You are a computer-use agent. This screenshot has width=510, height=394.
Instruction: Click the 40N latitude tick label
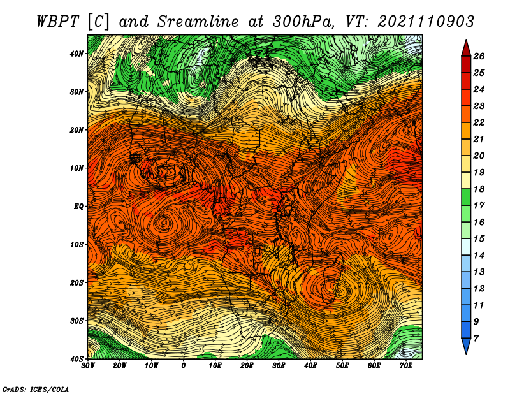tap(76, 54)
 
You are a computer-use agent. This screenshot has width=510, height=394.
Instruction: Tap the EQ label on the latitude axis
tap(78, 207)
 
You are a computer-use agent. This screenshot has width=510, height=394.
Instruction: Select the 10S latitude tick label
tap(76, 245)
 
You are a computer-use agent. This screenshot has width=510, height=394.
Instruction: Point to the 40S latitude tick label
tap(76, 359)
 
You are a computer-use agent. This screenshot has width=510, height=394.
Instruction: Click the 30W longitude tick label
tap(88, 366)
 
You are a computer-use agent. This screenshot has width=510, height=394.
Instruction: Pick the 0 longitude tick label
tap(184, 366)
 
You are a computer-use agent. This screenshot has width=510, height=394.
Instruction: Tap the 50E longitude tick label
tap(342, 366)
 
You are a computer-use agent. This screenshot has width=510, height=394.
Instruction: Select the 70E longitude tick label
tap(406, 366)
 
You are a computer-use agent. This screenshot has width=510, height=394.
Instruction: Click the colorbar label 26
tap(479, 56)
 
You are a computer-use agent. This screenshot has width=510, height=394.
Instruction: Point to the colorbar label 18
tap(479, 189)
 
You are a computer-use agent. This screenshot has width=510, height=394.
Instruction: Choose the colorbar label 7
tap(476, 339)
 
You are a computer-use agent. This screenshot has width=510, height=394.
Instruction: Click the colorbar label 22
tap(479, 122)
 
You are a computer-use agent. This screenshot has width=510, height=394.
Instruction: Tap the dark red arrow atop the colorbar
tap(466, 48)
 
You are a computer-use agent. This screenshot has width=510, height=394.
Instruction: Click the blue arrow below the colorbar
tap(466, 346)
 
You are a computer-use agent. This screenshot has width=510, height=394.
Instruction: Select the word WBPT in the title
tap(58, 22)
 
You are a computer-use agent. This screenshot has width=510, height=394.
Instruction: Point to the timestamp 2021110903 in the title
tap(426, 22)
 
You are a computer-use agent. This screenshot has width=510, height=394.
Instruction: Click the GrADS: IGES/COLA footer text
tap(36, 390)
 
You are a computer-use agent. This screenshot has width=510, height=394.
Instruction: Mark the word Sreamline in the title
tap(198, 22)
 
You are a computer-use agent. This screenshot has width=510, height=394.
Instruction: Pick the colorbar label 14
tap(479, 256)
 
